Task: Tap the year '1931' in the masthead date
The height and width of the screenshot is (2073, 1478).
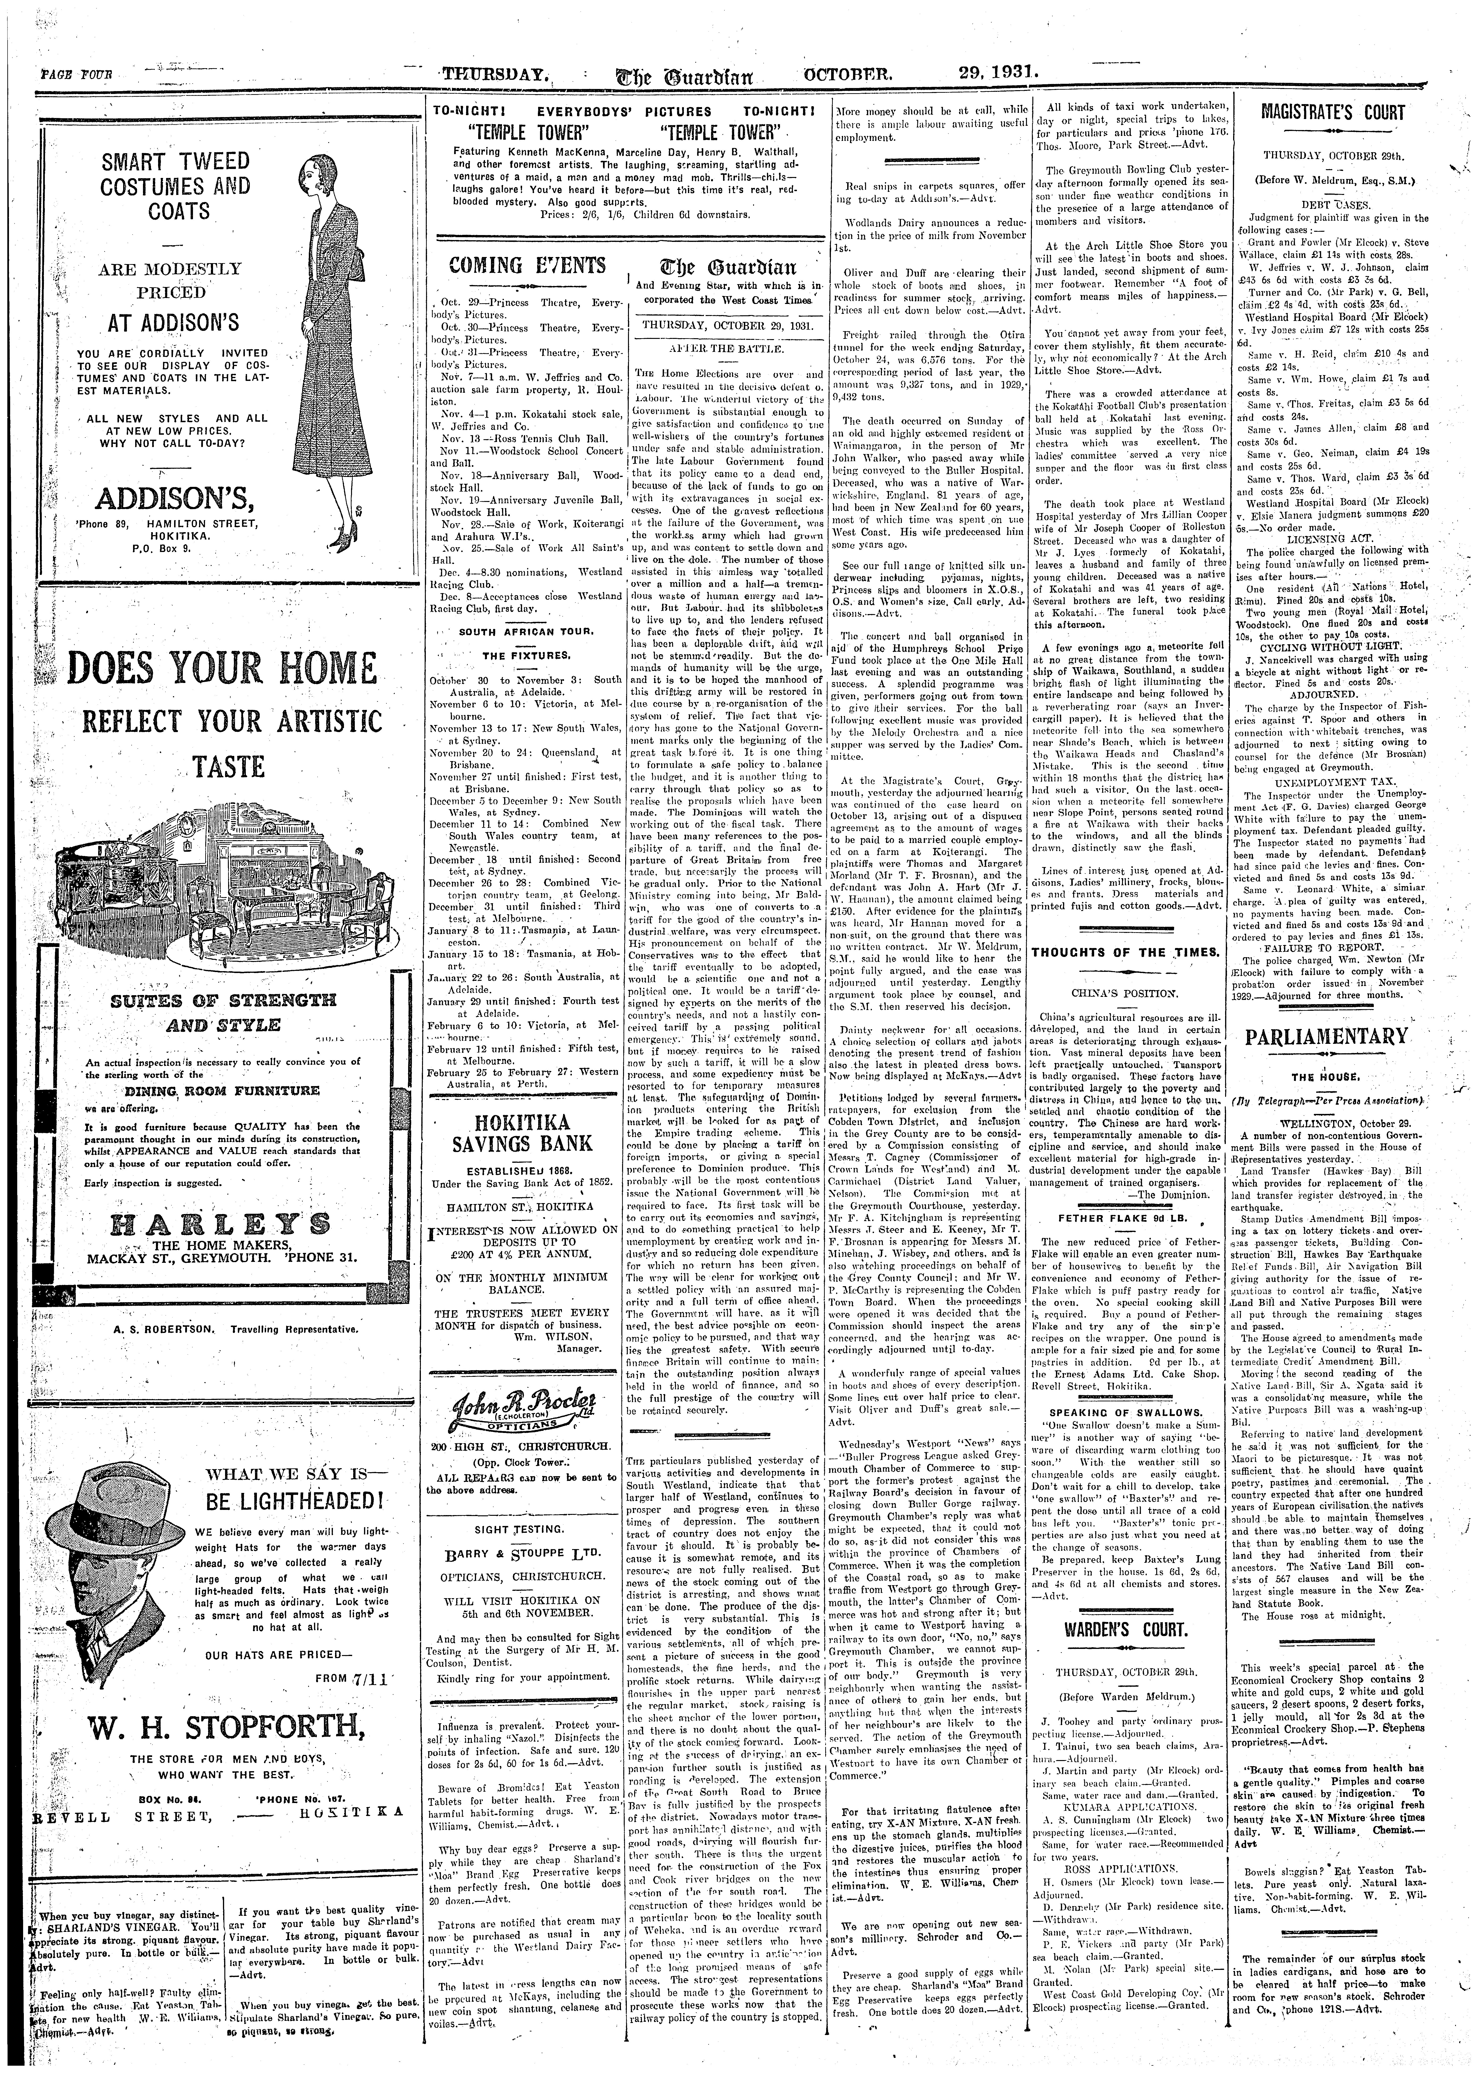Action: (x=1013, y=73)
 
